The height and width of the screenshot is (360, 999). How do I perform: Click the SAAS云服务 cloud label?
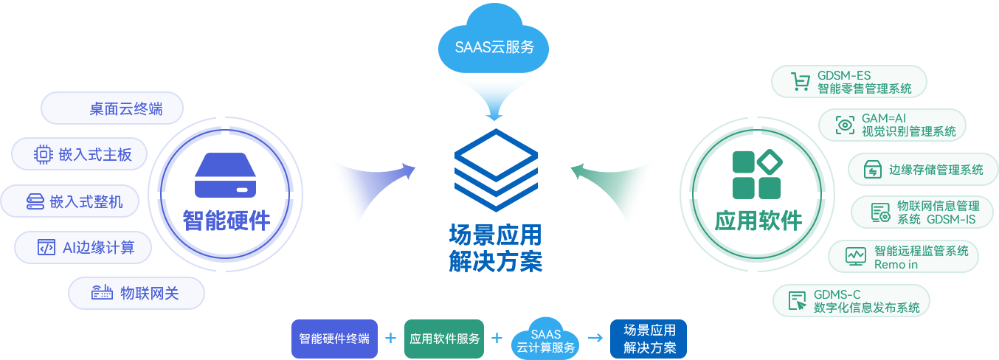[x=494, y=48]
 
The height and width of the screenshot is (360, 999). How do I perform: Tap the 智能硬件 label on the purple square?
[x=226, y=220]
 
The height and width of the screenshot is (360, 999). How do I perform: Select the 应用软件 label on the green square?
[x=758, y=220]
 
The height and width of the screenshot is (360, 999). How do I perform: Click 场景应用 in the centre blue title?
[x=495, y=236]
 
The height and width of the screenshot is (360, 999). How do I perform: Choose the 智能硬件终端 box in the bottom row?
[x=334, y=339]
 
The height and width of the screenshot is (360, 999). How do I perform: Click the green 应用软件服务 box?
[x=444, y=339]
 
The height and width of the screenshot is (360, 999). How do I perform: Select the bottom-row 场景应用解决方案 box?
[x=649, y=339]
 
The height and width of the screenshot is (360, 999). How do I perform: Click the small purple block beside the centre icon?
[x=371, y=196]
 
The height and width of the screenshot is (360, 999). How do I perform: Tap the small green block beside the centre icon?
[x=612, y=196]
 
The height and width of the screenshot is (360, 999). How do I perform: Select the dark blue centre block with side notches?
[x=495, y=170]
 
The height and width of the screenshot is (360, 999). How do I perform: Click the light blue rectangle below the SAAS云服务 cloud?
[x=495, y=99]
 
